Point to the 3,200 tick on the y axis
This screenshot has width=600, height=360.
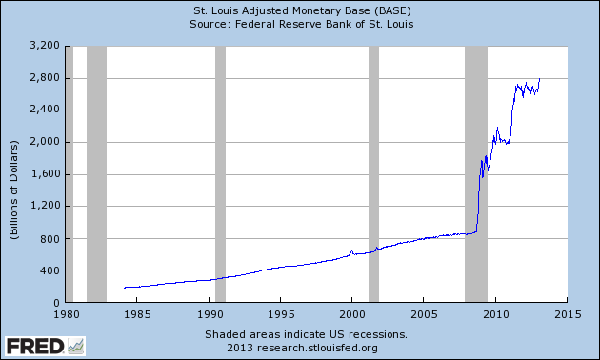(x=45, y=45)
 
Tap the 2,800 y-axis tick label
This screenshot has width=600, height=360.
(x=45, y=77)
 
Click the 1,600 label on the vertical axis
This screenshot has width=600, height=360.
(x=45, y=174)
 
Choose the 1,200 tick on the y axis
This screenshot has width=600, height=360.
(x=45, y=207)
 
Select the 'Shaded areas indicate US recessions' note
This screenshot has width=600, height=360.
(x=306, y=334)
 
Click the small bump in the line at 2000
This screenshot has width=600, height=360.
(x=351, y=251)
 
